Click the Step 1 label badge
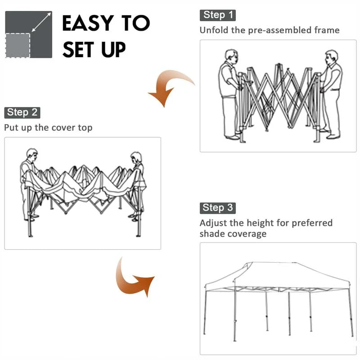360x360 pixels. [x=218, y=15]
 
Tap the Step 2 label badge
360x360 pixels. [x=22, y=112]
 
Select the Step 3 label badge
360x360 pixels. [x=217, y=207]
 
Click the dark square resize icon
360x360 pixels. [x=29, y=35]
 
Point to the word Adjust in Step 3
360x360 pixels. [x=213, y=223]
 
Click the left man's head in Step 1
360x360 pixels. [x=231, y=57]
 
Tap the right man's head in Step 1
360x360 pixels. [x=331, y=57]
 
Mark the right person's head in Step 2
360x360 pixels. [x=136, y=157]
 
